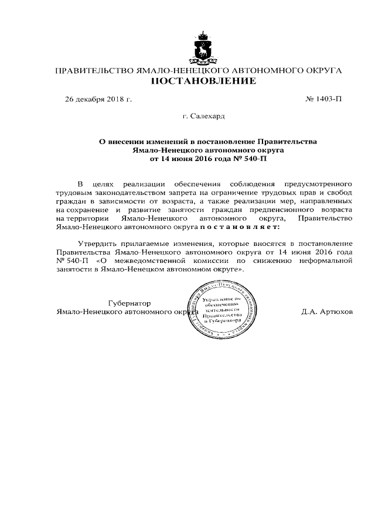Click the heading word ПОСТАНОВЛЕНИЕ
(203, 81)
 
